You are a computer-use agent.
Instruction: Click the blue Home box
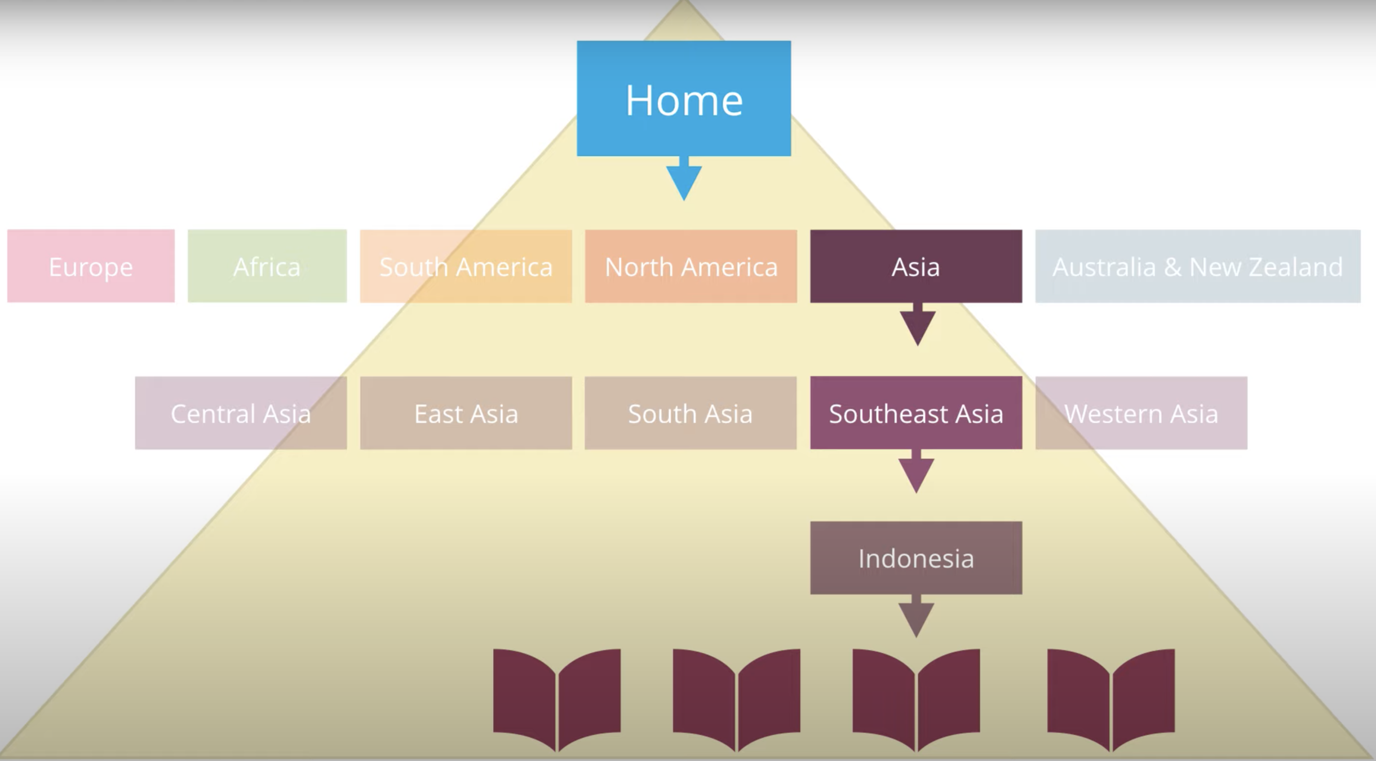(x=684, y=99)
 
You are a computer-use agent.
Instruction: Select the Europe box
(x=91, y=266)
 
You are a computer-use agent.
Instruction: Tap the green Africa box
(x=267, y=266)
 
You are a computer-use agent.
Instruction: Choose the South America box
(x=466, y=266)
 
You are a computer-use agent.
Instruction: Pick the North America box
(x=691, y=266)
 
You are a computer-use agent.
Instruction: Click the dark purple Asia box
(x=916, y=266)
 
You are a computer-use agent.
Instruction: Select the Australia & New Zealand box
(x=1198, y=266)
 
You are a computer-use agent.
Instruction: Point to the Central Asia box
(x=241, y=413)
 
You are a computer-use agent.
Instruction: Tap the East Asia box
(x=466, y=413)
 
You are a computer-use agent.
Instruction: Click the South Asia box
(x=691, y=413)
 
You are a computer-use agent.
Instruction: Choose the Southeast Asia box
(x=916, y=413)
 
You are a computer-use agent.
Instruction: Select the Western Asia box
(x=1141, y=413)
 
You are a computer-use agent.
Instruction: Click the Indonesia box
(x=916, y=558)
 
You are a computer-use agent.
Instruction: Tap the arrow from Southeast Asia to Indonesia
(x=916, y=472)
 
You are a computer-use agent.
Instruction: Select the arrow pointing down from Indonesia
(x=916, y=617)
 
